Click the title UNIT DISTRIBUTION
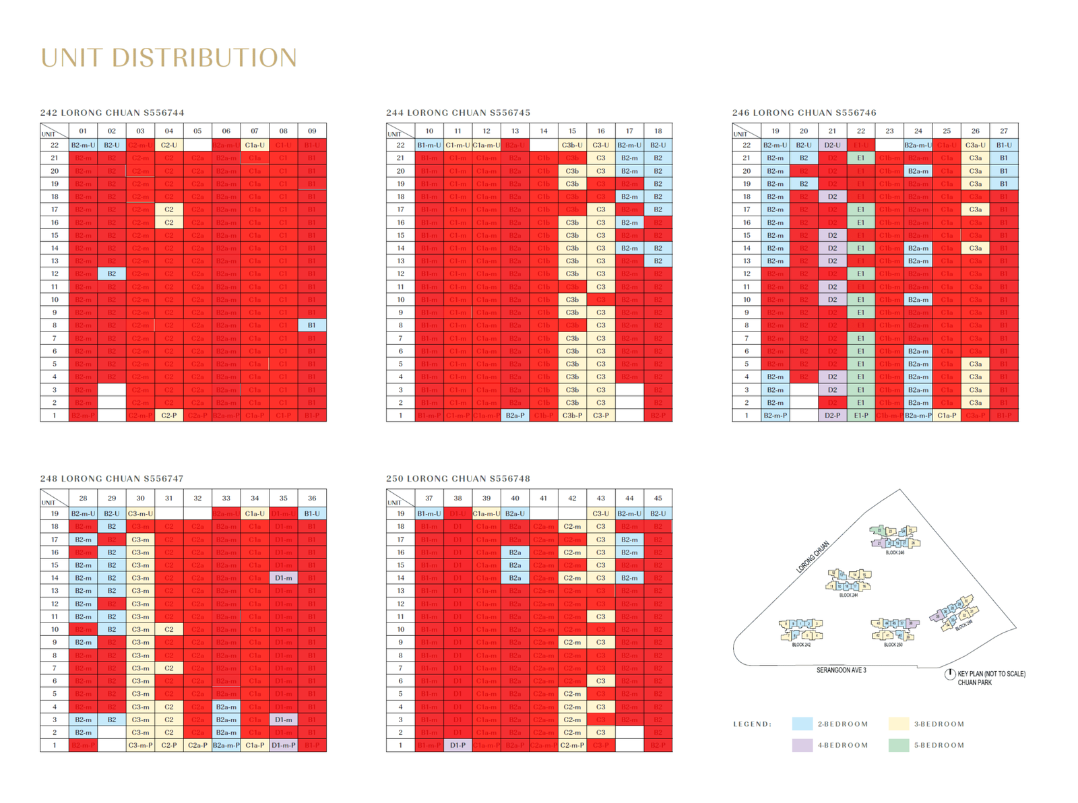coord(168,58)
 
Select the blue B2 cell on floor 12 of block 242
coord(112,274)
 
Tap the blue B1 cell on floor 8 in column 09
coord(312,325)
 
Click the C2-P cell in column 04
coord(169,416)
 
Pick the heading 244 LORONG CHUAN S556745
coord(458,113)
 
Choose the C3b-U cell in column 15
coord(572,145)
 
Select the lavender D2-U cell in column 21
coord(832,145)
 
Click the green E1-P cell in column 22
coord(861,416)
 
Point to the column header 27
coord(1004,131)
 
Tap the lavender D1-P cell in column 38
coord(457,746)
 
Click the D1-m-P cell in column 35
coord(284,746)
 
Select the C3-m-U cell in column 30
coord(140,513)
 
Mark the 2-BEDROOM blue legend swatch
coord(802,724)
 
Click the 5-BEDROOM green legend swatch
coord(899,745)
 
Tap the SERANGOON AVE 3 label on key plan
coord(841,670)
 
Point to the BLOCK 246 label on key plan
coord(895,552)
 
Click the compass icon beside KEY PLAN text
coord(949,674)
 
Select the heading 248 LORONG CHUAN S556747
coord(112,478)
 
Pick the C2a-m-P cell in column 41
coord(543,746)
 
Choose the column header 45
coord(658,499)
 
